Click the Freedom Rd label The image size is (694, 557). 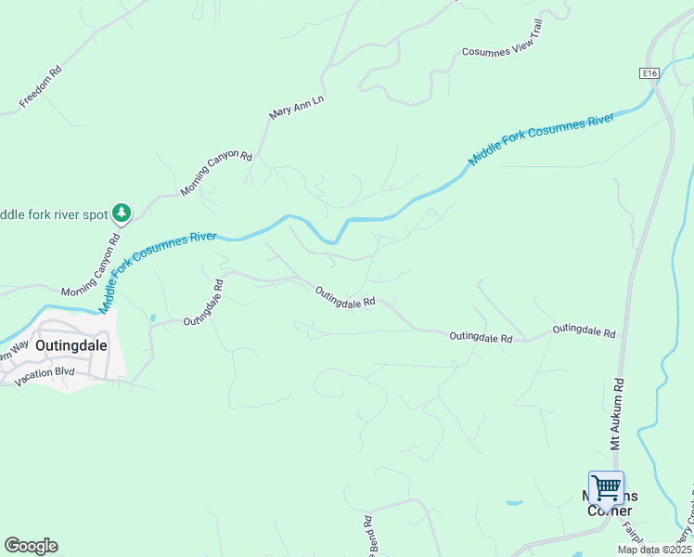click(x=41, y=84)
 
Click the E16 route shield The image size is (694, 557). click(x=649, y=73)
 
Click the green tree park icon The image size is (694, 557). click(x=121, y=214)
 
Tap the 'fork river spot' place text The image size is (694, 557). click(x=54, y=214)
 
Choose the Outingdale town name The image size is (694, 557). click(x=71, y=344)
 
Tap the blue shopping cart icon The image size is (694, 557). click(x=606, y=486)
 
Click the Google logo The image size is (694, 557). click(x=31, y=546)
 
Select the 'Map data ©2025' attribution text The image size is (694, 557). click(x=653, y=550)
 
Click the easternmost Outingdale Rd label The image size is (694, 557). click(x=585, y=330)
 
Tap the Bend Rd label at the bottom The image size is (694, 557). click(x=370, y=535)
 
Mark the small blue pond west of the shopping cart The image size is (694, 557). click(x=514, y=503)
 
